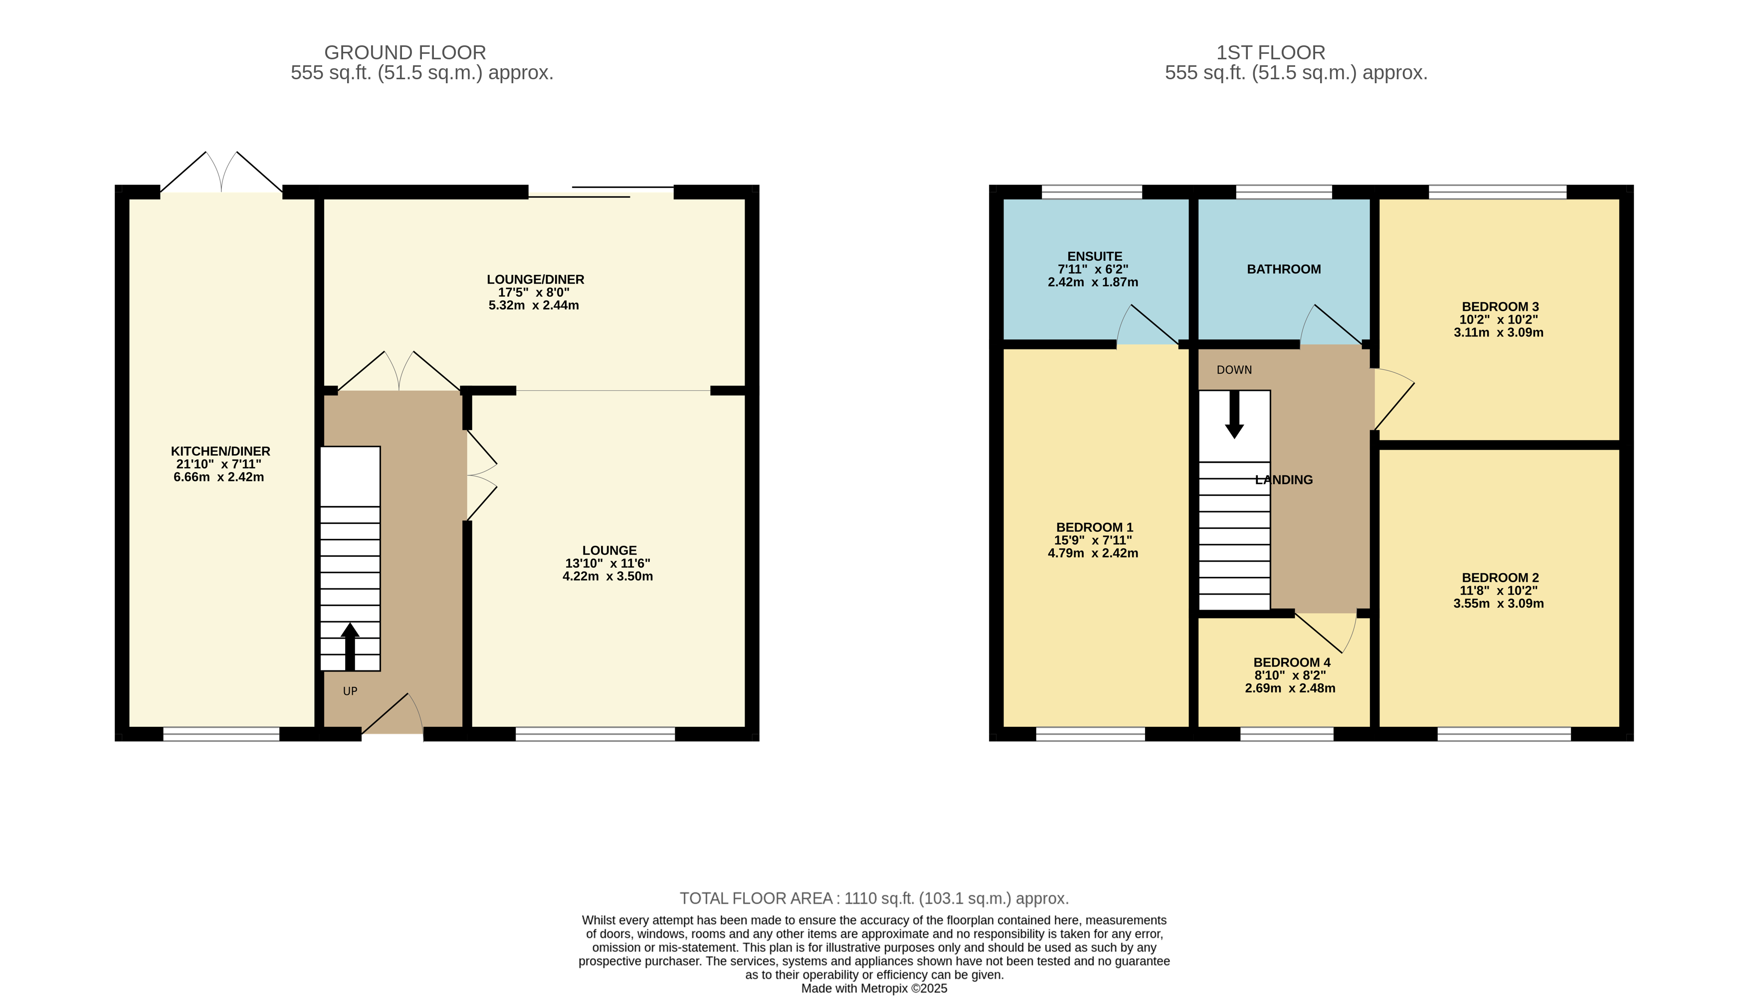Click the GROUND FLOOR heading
pyautogui.click(x=405, y=53)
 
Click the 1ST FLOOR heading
pyautogui.click(x=1271, y=53)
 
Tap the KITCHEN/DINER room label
pyautogui.click(x=220, y=452)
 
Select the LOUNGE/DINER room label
pyautogui.click(x=535, y=280)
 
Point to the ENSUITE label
pyautogui.click(x=1095, y=257)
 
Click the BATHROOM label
pyautogui.click(x=1284, y=270)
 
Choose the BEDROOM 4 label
pyautogui.click(x=1292, y=663)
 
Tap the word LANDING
pyautogui.click(x=1284, y=480)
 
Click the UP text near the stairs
pyautogui.click(x=350, y=691)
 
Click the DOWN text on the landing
pyautogui.click(x=1234, y=370)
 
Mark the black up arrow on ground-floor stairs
pyautogui.click(x=350, y=647)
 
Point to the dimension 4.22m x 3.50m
pyautogui.click(x=607, y=577)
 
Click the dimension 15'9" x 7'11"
pyautogui.click(x=1093, y=540)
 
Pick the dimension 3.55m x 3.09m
pyautogui.click(x=1499, y=604)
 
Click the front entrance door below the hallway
pyautogui.click(x=392, y=715)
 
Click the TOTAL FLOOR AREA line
pyautogui.click(x=874, y=898)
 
